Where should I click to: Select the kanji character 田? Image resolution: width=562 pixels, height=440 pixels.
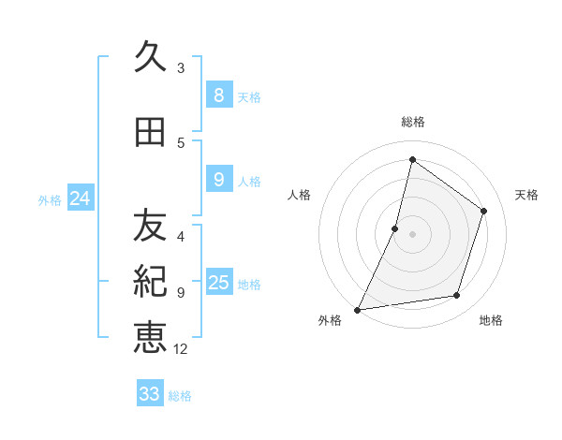coord(150,133)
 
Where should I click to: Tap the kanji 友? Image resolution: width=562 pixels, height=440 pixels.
coord(150,225)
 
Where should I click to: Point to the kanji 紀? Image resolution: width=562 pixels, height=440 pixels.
coord(150,282)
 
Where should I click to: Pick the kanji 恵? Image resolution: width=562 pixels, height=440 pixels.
coord(150,337)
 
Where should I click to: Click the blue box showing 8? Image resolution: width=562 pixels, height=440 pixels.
coord(218,95)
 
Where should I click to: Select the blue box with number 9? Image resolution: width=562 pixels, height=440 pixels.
coord(218,180)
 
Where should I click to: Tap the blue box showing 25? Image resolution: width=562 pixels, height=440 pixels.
coord(218,283)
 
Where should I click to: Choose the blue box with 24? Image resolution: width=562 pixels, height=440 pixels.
coord(81,198)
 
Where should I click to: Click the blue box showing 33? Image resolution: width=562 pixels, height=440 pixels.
coord(150,394)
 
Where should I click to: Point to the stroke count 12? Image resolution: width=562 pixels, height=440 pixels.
coord(181,349)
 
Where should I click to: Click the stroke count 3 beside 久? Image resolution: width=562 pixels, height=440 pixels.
coord(181,67)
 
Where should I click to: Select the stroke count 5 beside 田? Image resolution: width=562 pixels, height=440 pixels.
coord(181,142)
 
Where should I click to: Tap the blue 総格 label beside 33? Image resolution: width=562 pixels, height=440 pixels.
coord(180,396)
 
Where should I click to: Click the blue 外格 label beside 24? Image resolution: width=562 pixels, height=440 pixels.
coord(50,199)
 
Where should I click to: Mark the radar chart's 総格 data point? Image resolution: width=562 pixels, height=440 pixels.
coord(412,159)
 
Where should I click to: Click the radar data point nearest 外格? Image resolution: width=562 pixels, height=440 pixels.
coord(357,310)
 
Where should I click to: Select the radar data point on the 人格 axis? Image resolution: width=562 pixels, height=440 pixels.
coord(395,228)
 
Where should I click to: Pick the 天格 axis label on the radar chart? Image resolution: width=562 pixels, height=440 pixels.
coord(526,195)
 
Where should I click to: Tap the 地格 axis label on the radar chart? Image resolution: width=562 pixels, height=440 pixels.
coord(491,320)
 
